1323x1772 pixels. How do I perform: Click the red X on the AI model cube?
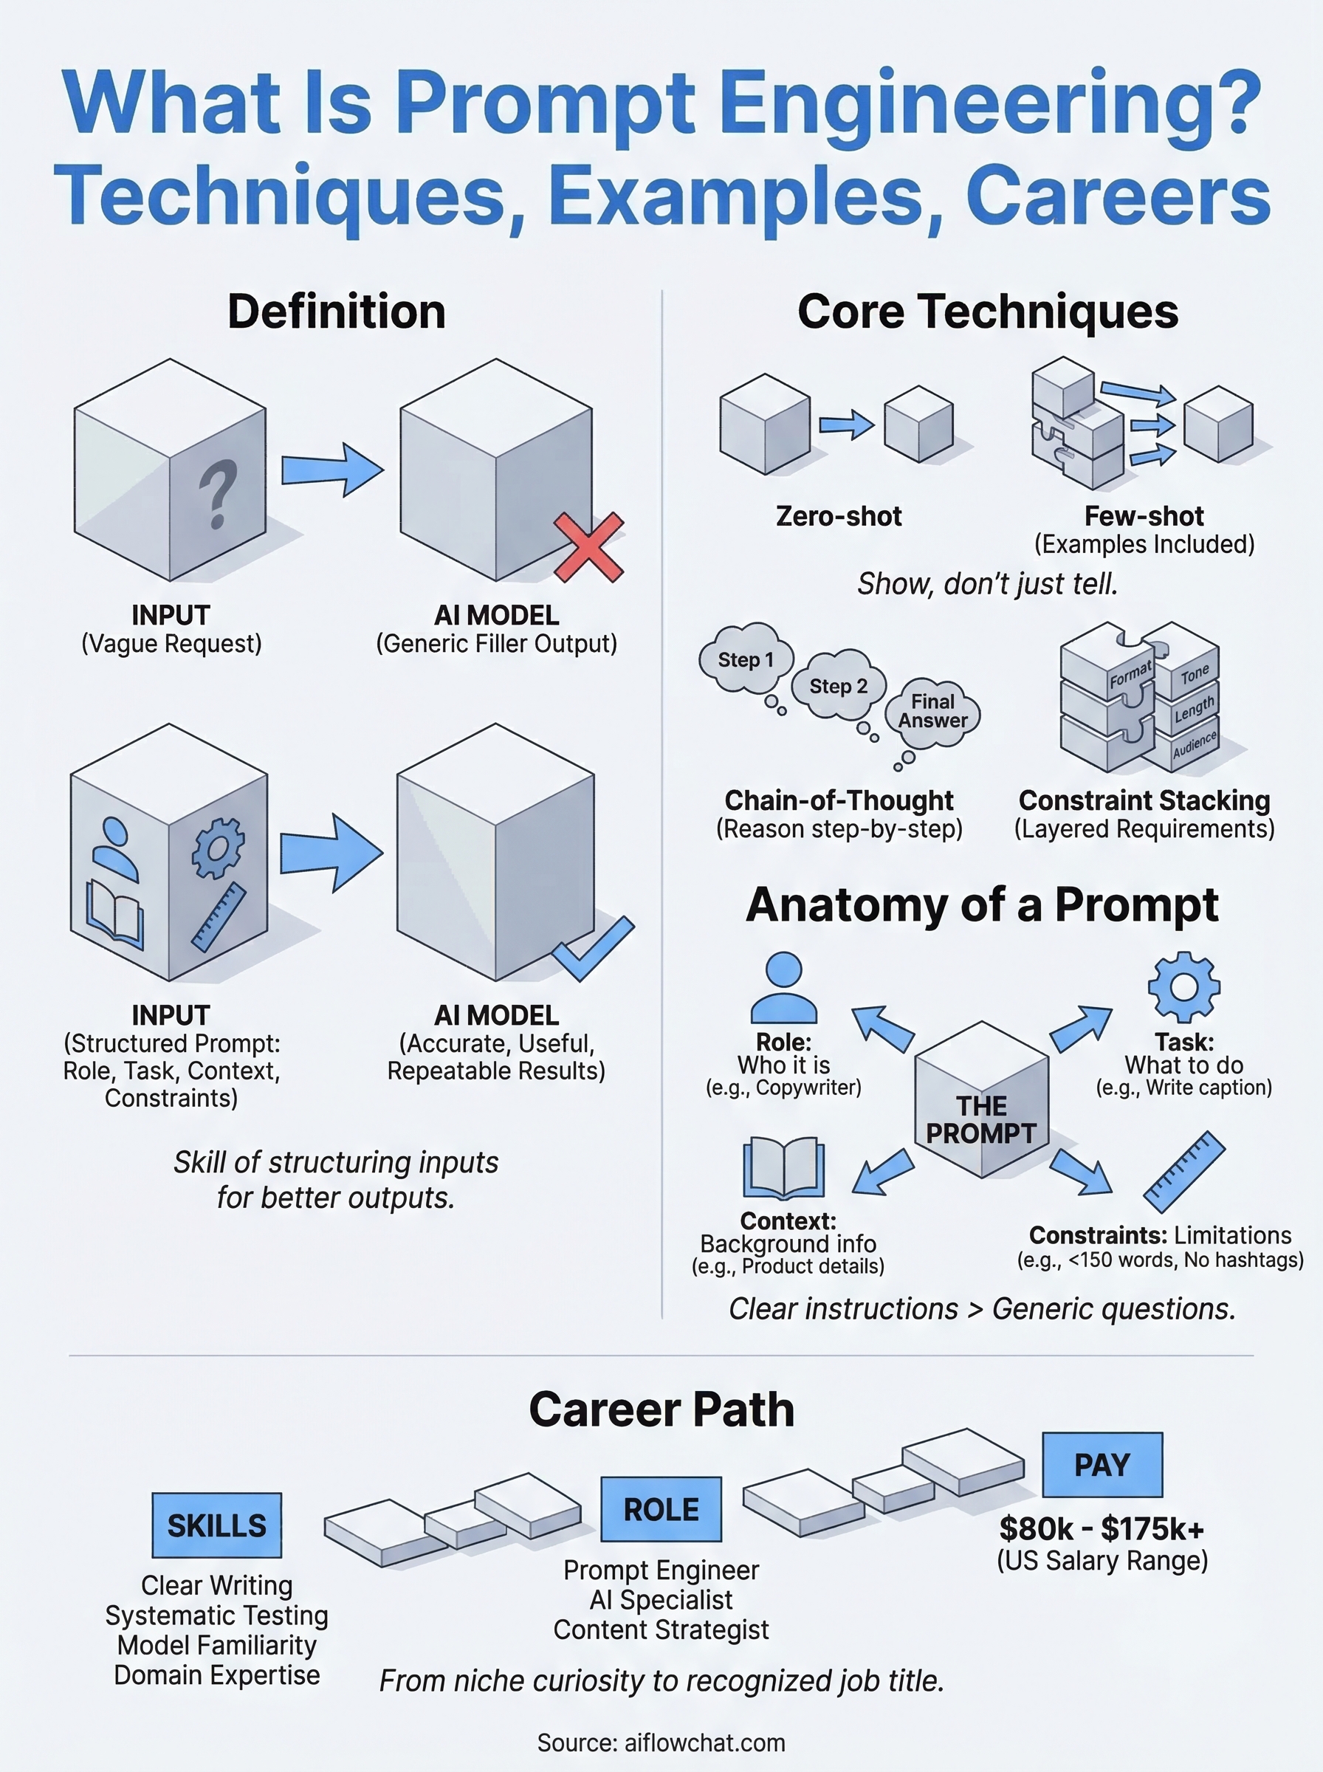[x=588, y=548]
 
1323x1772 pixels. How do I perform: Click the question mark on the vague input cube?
[x=217, y=494]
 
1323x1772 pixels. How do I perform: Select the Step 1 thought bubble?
[x=746, y=660]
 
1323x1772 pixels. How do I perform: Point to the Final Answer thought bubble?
[x=933, y=711]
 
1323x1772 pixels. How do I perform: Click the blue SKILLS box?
[x=216, y=1525]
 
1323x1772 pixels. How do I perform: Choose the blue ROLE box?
[x=661, y=1508]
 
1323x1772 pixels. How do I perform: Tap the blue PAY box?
[x=1102, y=1465]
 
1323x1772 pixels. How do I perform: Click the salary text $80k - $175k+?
[x=1102, y=1528]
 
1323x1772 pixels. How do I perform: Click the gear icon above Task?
[x=1183, y=986]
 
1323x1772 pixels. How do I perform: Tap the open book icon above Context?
[x=783, y=1167]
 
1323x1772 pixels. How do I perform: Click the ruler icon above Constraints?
[x=1184, y=1171]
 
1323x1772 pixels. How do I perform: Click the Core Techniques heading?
[x=987, y=312]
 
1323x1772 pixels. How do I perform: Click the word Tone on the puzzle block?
[x=1194, y=674]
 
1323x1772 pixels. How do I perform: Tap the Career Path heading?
[x=661, y=1409]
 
